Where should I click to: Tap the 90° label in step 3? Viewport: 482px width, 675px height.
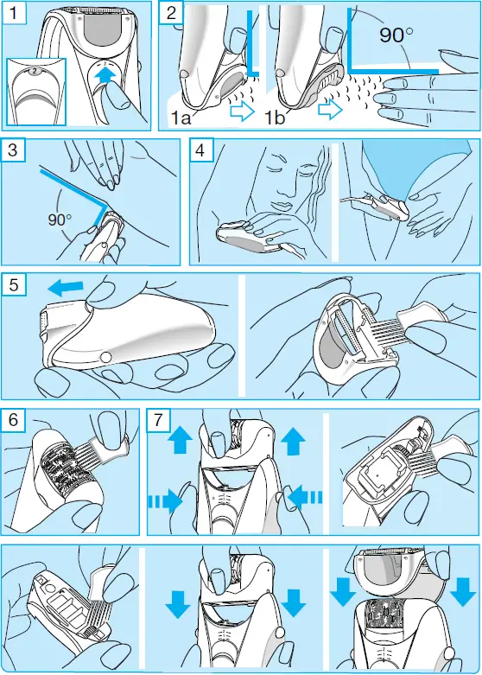(60, 220)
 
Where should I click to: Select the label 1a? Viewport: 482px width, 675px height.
(185, 114)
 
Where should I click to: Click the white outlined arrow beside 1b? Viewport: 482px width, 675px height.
(329, 111)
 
